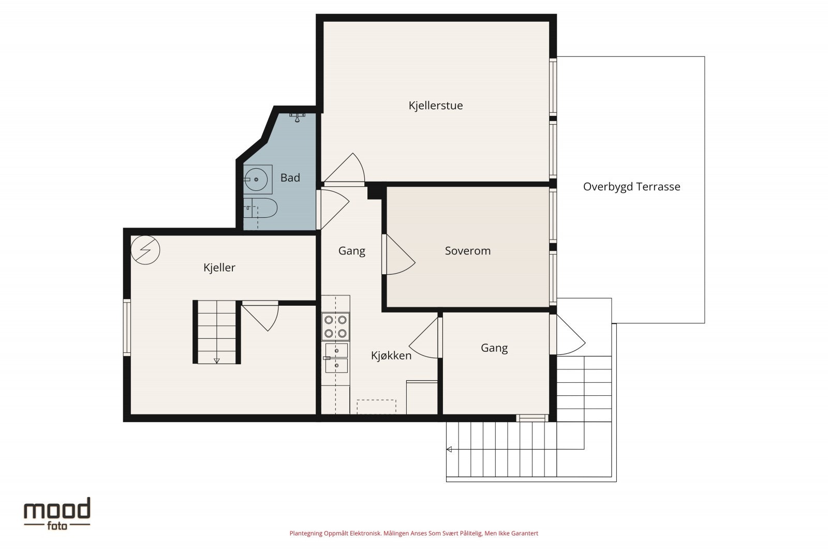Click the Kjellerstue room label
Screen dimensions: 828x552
[x=435, y=106]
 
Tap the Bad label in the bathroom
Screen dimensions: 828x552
[x=290, y=178]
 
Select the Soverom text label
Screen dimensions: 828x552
[x=468, y=251]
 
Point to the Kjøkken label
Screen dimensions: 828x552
[x=391, y=355]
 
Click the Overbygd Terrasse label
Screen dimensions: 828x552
[x=631, y=187]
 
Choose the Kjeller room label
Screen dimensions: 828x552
[x=219, y=267]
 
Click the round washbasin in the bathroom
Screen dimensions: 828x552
[x=256, y=180]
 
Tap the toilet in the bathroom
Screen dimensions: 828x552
[x=260, y=207]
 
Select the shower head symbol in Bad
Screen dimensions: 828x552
[x=297, y=117]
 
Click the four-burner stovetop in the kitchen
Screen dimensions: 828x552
[x=335, y=326]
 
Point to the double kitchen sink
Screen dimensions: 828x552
[x=336, y=358]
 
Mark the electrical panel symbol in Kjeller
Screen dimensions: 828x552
[x=145, y=250]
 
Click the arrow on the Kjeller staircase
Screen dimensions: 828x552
[x=217, y=361]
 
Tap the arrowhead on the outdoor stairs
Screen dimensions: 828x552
[x=449, y=449]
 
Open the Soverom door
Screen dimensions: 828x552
[x=399, y=255]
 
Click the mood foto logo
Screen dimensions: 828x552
[x=57, y=514]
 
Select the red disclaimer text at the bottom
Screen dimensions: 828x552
[x=413, y=533]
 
